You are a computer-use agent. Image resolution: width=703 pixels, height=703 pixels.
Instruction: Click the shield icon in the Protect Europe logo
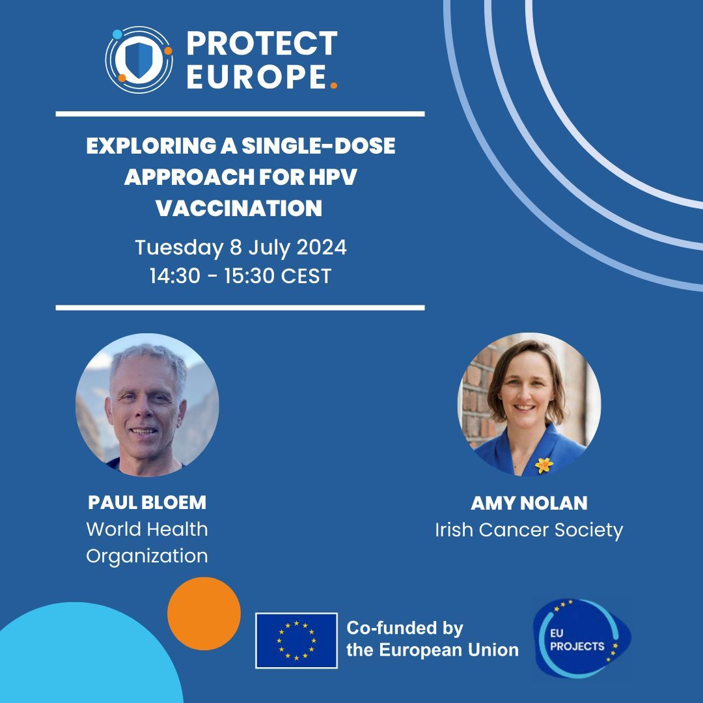point(139,59)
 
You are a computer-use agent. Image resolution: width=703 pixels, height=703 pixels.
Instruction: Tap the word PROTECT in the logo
point(262,44)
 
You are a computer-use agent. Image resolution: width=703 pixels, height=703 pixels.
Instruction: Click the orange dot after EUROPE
point(334,85)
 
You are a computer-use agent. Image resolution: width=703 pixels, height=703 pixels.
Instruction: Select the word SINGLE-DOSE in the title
point(318,146)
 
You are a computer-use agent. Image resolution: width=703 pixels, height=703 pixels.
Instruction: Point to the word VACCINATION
point(238,208)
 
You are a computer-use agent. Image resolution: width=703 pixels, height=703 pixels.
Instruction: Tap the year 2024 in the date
point(322,248)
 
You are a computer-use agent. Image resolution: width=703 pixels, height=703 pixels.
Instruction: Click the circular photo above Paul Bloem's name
point(147,405)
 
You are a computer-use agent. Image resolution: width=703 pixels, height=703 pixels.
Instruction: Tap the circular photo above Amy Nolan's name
point(529,405)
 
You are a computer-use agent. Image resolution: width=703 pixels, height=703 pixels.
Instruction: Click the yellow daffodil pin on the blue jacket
point(544,465)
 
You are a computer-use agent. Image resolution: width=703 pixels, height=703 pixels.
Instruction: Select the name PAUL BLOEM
point(147,503)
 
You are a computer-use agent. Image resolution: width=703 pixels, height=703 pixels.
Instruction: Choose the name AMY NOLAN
point(529,503)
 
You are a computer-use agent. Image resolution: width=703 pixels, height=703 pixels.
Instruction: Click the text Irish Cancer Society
point(529,530)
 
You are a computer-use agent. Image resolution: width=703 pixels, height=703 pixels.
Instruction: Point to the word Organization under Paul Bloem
point(147,556)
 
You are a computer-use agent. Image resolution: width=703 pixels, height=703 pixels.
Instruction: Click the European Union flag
point(296,641)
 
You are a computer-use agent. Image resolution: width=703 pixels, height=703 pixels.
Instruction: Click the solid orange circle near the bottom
point(204,614)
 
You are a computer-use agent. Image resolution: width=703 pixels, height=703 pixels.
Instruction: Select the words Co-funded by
point(404,628)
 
